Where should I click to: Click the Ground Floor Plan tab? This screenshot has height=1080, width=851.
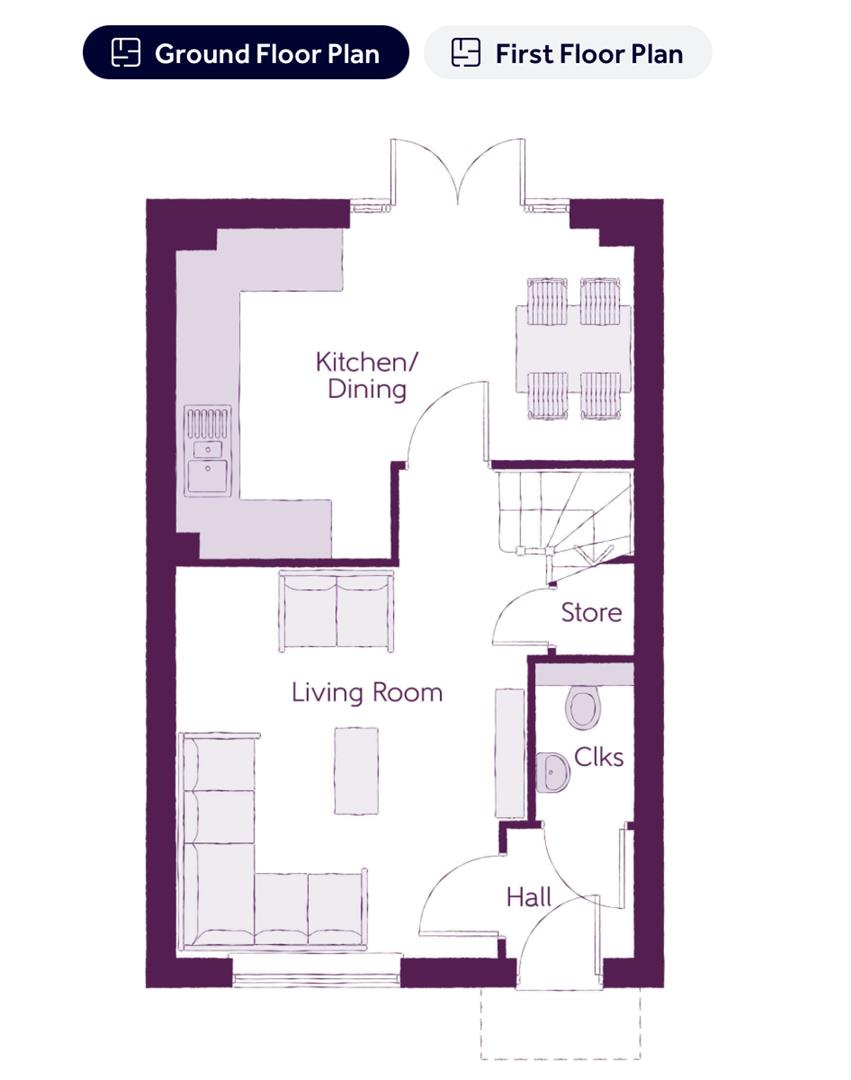pos(245,52)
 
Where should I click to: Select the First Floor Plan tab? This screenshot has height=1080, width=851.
pos(568,52)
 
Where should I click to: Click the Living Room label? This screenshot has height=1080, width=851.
pos(367,692)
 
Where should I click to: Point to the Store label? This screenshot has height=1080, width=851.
pos(591,612)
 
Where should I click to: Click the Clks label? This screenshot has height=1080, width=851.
pos(598,757)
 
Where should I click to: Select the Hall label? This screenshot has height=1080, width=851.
pos(528,897)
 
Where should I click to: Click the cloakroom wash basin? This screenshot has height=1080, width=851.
pos(553,772)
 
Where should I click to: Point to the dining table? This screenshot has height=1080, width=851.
pos(574,350)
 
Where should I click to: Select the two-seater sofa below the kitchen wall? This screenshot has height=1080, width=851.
pos(336,611)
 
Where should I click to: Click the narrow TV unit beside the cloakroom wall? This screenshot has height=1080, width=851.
pos(510,752)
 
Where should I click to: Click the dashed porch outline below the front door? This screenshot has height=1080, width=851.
pos(560,1025)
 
